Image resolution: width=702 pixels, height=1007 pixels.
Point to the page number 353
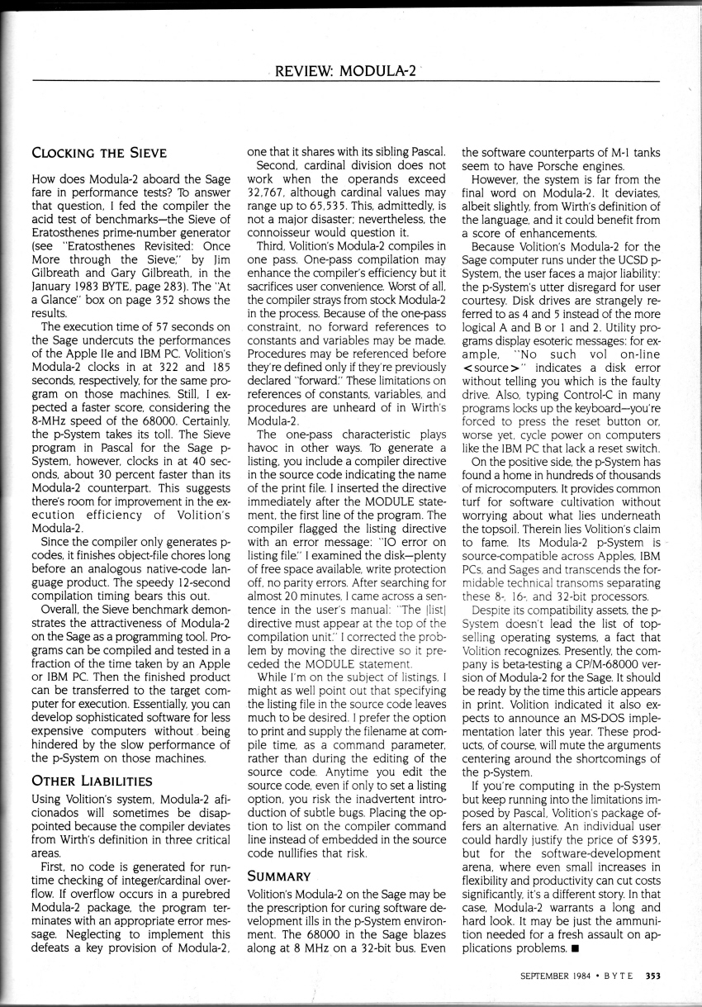tap(652, 976)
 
